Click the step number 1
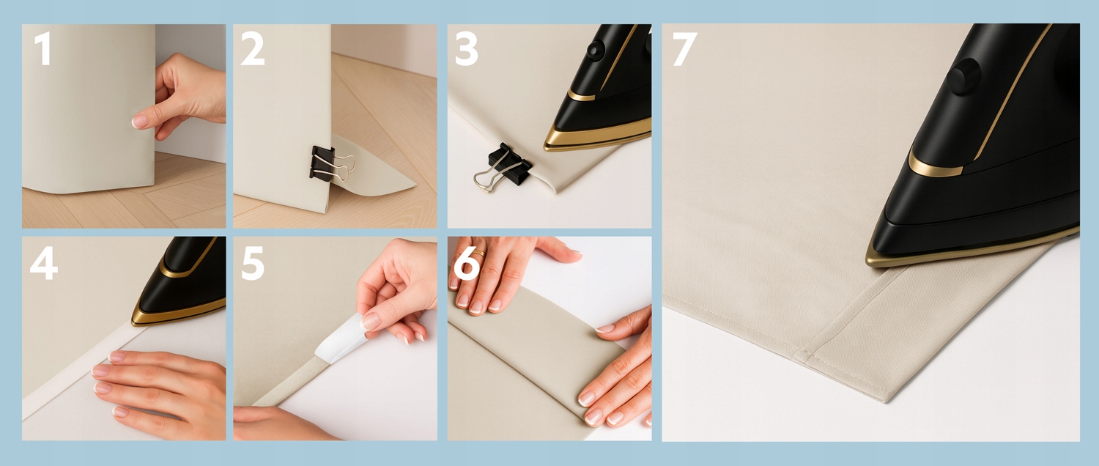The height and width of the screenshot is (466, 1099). pos(44,48)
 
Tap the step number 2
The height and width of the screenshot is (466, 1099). pos(252,48)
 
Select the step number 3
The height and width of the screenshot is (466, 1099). pos(467,48)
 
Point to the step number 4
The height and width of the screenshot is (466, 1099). pos(44,263)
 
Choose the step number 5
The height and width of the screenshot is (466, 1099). pos(253,263)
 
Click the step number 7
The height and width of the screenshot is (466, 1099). pos(685,48)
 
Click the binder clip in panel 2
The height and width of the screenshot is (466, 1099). pos(330,164)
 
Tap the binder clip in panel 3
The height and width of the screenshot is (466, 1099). pos(502,167)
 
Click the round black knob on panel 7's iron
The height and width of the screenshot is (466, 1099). pos(963,76)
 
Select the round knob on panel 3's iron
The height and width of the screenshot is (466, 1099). pos(596,51)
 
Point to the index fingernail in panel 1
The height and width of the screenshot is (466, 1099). pos(139,121)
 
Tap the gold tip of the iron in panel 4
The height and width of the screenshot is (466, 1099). pos(133,322)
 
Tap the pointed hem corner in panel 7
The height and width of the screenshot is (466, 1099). pos(887,401)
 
